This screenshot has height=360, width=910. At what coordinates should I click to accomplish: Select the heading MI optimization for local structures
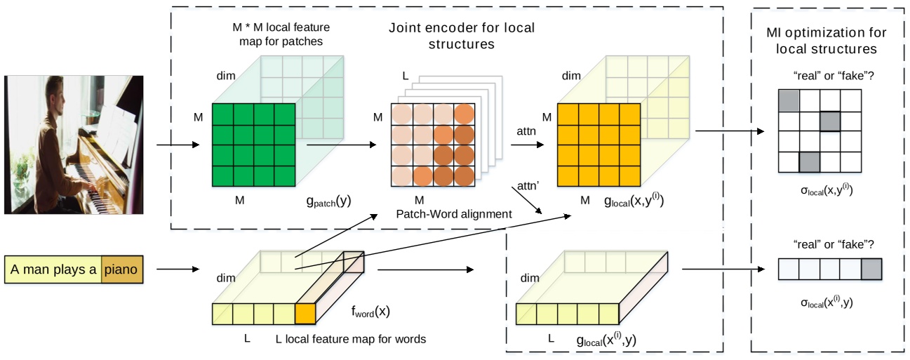coord(826,41)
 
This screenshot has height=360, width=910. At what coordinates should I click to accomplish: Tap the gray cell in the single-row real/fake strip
coord(870,269)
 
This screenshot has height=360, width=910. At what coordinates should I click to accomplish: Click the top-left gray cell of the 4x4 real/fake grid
coord(789,100)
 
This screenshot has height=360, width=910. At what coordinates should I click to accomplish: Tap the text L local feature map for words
coord(351,340)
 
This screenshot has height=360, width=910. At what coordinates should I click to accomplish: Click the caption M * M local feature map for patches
coord(281,34)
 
